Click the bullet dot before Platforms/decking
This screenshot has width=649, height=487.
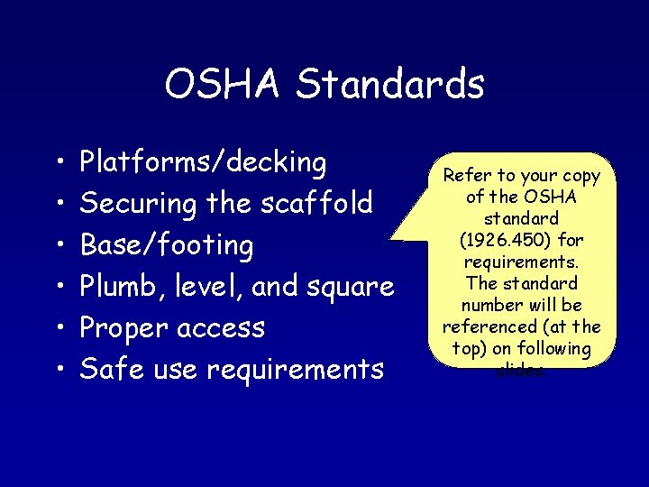(x=57, y=163)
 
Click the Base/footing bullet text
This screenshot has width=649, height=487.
(x=167, y=244)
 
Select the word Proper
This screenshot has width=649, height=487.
(x=124, y=327)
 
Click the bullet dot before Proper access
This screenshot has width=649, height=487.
(x=57, y=328)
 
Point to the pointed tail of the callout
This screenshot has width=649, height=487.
(x=397, y=236)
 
